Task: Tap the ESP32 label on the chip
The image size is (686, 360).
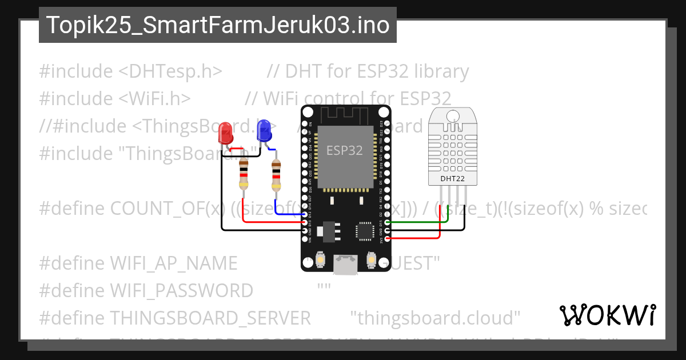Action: [344, 151]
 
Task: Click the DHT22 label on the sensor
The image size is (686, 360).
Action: [452, 179]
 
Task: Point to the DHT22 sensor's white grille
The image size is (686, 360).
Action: [452, 146]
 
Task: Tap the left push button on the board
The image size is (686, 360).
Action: [321, 260]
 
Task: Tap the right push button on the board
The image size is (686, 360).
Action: [371, 260]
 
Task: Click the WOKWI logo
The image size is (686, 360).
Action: [607, 315]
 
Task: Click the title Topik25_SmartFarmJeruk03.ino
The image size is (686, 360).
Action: [217, 25]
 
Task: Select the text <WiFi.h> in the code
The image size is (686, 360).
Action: [154, 99]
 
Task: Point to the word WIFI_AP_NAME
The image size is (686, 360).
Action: [173, 263]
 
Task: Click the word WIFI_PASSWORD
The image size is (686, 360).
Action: [181, 291]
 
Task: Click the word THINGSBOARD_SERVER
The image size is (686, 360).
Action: [210, 318]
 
